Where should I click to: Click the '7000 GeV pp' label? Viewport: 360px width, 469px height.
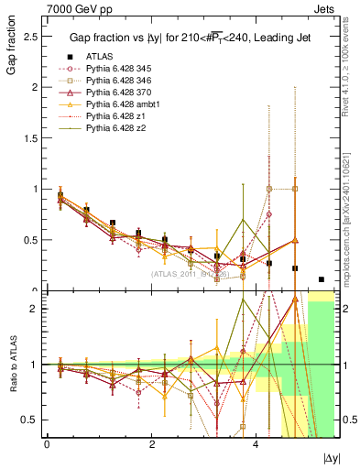click(73, 7)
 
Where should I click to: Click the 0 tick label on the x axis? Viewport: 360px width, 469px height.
click(47, 444)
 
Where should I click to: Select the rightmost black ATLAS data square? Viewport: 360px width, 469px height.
click(322, 279)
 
